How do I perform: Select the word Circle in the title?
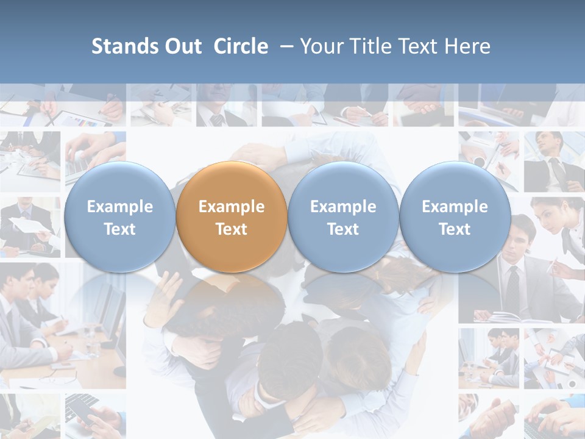point(241,46)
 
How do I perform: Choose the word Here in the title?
point(468,46)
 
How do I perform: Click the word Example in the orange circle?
point(232,207)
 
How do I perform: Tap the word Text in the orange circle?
point(232,229)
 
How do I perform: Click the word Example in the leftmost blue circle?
point(120,207)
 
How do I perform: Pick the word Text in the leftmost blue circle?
point(120,229)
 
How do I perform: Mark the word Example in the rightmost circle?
point(455,207)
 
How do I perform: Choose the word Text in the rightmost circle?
point(455,229)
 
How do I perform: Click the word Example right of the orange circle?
point(343,207)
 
